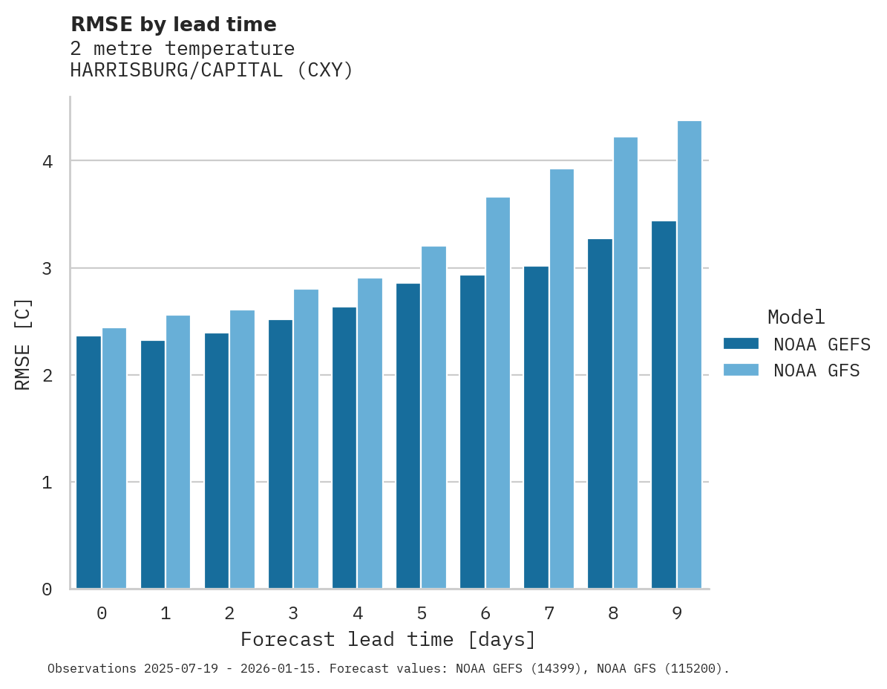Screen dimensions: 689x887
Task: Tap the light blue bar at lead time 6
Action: [497, 393]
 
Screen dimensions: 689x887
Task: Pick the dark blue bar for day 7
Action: [536, 428]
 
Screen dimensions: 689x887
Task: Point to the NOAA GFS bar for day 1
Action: [178, 452]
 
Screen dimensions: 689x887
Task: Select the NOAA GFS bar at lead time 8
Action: [625, 363]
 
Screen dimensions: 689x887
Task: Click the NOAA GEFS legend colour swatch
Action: [741, 344]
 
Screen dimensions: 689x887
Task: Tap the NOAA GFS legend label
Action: [816, 370]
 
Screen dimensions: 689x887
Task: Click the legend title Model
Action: [796, 318]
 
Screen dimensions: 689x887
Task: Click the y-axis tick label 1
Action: [47, 483]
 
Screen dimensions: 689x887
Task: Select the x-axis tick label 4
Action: [357, 614]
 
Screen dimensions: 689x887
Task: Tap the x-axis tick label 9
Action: [676, 614]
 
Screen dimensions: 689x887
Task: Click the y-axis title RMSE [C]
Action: [24, 344]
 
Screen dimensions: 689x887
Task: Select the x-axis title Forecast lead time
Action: [387, 640]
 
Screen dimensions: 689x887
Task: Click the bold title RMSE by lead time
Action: [173, 25]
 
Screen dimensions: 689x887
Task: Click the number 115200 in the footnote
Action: [695, 669]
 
